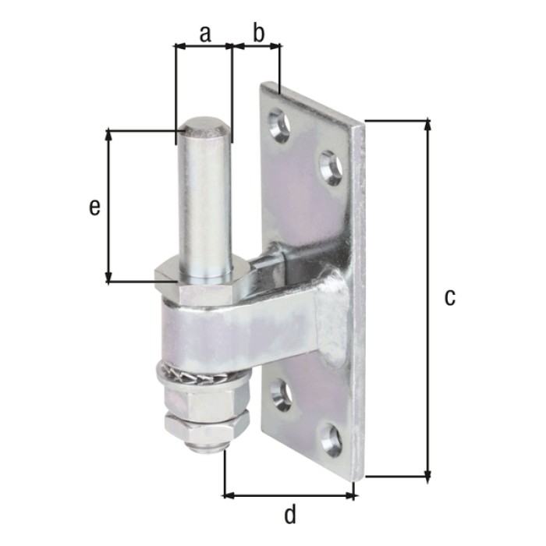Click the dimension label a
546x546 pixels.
(205, 34)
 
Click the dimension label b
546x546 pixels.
(258, 34)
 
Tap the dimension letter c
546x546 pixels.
(449, 298)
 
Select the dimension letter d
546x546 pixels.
(289, 515)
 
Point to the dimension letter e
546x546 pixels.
(94, 208)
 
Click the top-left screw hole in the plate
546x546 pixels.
(279, 126)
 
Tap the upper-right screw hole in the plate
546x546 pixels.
(331, 168)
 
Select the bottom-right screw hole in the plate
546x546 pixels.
(331, 440)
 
